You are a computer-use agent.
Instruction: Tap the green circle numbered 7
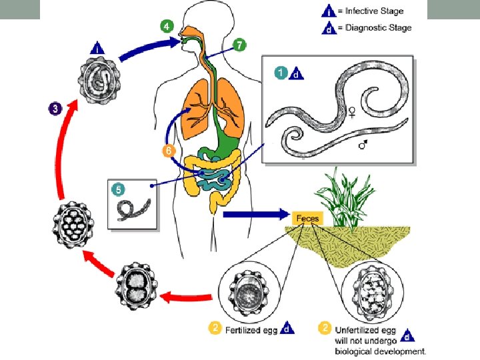(x=239, y=44)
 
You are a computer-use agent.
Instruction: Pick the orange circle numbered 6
(x=169, y=151)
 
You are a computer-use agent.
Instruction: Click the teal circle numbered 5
(x=120, y=189)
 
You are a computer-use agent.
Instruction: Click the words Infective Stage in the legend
(x=379, y=11)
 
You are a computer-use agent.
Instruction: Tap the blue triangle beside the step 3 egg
(x=97, y=48)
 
